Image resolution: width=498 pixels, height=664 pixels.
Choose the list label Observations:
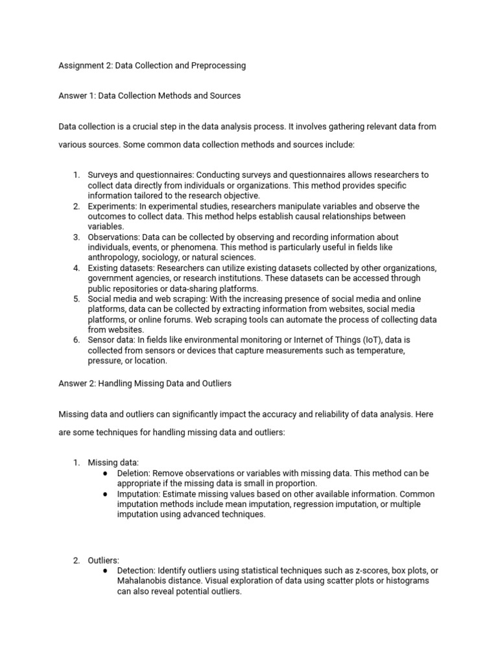click(x=114, y=237)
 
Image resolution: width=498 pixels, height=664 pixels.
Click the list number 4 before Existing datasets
click(x=76, y=268)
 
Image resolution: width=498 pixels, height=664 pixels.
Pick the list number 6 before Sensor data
click(x=76, y=340)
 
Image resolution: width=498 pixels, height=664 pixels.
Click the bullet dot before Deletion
click(x=105, y=473)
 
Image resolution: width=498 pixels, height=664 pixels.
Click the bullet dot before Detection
click(x=105, y=571)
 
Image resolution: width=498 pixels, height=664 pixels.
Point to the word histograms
click(x=407, y=581)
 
